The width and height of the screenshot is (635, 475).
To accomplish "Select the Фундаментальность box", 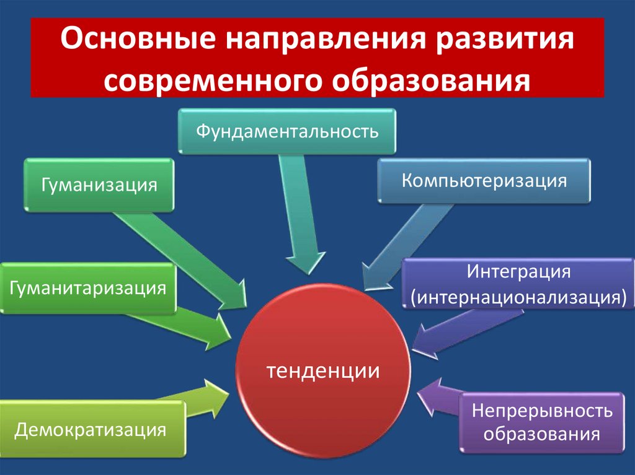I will click(x=287, y=131).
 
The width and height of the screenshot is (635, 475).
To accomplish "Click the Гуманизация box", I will click(x=99, y=185).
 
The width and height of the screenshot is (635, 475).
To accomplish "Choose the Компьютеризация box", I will click(x=484, y=181).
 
